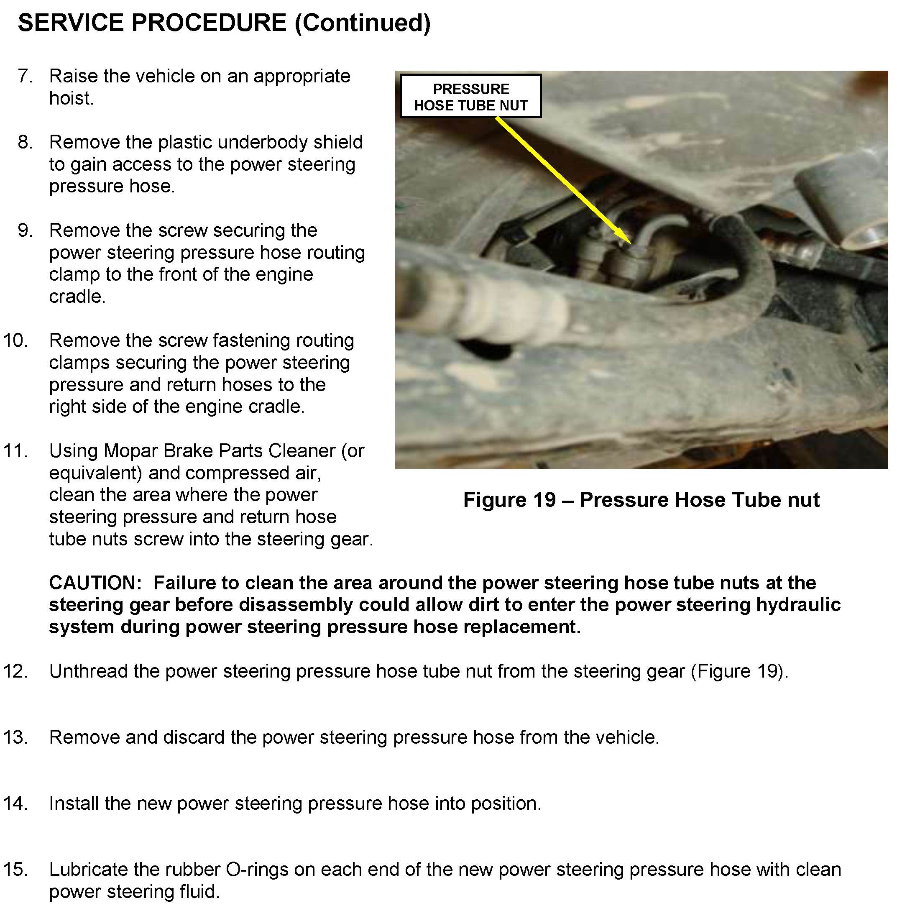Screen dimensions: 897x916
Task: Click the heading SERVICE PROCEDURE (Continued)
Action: coord(224,23)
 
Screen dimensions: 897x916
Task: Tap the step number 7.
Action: coord(25,76)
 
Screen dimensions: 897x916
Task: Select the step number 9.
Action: coord(25,230)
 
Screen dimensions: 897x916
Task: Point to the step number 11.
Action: coord(15,451)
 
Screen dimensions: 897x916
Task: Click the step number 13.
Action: coord(15,737)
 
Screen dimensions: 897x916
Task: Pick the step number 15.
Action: coord(15,869)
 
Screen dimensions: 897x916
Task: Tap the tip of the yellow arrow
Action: coord(630,243)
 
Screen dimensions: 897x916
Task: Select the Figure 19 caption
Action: coord(641,500)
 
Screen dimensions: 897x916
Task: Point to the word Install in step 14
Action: coord(74,803)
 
